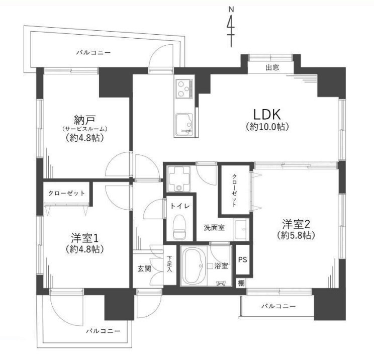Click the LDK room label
coord(267,113)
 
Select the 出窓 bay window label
coord(273,68)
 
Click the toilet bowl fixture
coord(179,226)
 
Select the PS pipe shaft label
coord(243,260)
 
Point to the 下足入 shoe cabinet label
coord(169,264)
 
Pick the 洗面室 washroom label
coord(214,227)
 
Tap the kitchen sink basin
coord(183,123)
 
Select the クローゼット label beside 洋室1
coord(66,193)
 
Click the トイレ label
coord(179,206)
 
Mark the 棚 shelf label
coord(242,283)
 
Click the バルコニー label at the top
coord(93,52)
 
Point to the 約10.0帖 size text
coord(267,127)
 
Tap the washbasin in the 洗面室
coord(242,226)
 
